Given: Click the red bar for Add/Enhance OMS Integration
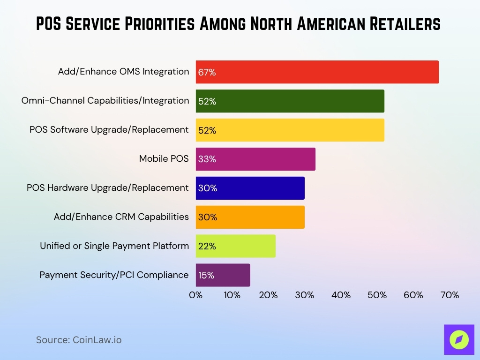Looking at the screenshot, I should (317, 72).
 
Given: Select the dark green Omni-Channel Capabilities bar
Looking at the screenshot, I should (290, 101).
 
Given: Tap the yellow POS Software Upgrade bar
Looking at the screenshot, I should (290, 130).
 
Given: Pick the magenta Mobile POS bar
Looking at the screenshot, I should (255, 159).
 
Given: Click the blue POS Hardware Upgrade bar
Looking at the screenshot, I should (250, 188).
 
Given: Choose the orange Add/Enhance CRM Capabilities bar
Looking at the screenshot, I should (250, 217).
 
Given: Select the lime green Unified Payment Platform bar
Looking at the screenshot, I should (235, 246).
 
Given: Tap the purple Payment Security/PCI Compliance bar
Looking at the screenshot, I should (223, 275).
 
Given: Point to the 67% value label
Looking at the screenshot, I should (207, 73).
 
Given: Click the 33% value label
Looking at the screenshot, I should (207, 159).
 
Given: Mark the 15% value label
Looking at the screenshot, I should (206, 276).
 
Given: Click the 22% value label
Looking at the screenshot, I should (207, 247).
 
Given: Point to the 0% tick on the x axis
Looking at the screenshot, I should (195, 295).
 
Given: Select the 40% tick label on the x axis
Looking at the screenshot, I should (341, 295).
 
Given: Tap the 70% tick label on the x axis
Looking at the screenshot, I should (450, 295).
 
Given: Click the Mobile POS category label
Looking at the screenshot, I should (164, 159).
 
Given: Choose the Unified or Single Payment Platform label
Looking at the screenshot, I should (114, 246).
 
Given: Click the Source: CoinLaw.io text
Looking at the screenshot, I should (79, 340).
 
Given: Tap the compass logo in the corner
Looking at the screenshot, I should (459, 340).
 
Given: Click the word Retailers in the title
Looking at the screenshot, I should (402, 24).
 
